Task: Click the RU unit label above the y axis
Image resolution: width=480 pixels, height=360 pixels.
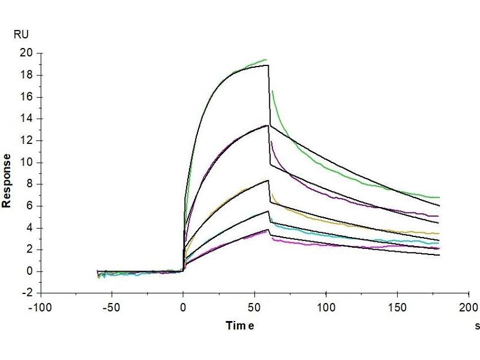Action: (x=20, y=35)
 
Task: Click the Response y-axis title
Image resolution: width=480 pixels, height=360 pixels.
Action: (x=7, y=180)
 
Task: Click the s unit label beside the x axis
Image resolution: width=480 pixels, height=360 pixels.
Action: (x=477, y=326)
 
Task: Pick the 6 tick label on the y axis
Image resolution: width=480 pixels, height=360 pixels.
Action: (x=28, y=206)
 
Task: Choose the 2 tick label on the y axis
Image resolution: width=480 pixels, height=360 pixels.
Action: (x=28, y=250)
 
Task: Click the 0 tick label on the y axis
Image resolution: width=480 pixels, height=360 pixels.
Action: (x=28, y=271)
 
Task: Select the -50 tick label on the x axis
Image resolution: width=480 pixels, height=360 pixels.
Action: (x=112, y=306)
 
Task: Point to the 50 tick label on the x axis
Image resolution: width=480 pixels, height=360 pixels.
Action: (x=255, y=306)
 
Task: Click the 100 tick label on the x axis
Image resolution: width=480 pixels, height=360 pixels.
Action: (x=326, y=306)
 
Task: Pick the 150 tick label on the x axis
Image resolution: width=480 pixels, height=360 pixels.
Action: (x=397, y=306)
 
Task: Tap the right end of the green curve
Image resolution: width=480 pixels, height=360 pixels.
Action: (x=439, y=197)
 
